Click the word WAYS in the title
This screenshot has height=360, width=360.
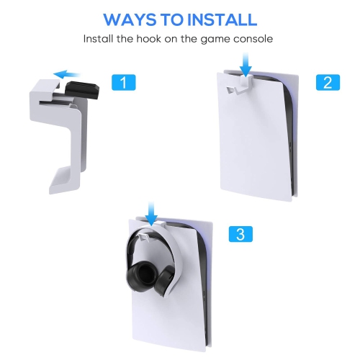pyautogui.click(x=131, y=19)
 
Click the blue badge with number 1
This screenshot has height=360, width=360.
pyautogui.click(x=123, y=83)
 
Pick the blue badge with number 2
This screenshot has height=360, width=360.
pyautogui.click(x=327, y=82)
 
